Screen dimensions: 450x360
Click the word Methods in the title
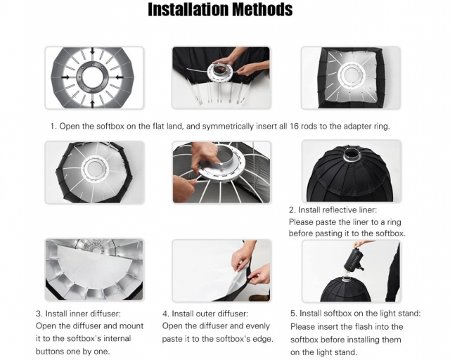point(262,9)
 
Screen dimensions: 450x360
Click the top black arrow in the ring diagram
point(92,51)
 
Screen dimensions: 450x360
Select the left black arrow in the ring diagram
point(65,77)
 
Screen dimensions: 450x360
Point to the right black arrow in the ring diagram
point(120,77)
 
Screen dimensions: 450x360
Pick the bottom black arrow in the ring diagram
point(92,104)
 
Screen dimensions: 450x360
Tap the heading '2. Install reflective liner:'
point(333,210)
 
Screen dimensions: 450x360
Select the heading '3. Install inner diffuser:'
point(78,314)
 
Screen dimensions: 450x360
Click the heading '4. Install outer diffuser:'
point(205,314)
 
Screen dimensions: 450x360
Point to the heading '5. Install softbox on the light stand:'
point(355,313)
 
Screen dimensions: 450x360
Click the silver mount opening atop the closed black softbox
point(352,154)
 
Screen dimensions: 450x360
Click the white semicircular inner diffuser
point(95,269)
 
